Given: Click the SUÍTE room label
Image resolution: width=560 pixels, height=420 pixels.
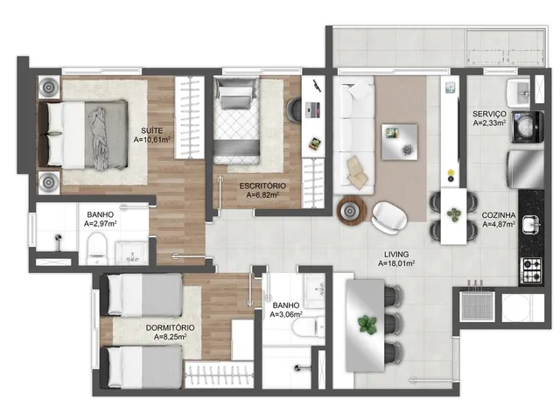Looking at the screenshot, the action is pos(151,130).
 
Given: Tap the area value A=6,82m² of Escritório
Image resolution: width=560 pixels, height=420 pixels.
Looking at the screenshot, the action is pos(262,195).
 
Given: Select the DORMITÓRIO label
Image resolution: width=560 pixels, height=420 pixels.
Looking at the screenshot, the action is pos(171,328).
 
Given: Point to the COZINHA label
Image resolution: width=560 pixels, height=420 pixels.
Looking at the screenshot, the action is pos(499,215).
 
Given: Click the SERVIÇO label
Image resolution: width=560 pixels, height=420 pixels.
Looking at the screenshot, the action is pos(489,114).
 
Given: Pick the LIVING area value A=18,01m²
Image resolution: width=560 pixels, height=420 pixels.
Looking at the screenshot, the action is pos(396,263).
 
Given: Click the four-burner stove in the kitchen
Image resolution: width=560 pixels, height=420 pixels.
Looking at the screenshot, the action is pos(532,270).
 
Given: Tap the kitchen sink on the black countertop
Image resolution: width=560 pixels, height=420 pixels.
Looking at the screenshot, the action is pos(532,225).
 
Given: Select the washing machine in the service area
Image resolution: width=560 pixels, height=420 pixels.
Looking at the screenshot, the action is pos(528,127).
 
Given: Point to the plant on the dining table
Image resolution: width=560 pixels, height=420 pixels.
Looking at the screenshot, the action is pos(367,325).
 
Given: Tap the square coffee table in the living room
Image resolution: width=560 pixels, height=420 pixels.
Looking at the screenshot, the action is pos(400,142).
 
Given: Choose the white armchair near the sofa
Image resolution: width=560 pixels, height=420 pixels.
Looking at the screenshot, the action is pos(388,218).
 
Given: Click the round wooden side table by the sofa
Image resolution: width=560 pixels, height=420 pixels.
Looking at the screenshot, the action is pos(352,212).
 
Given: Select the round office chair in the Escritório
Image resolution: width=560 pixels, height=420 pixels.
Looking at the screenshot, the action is pos(294,111).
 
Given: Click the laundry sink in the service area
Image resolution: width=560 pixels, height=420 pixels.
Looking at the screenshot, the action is pos(519,94).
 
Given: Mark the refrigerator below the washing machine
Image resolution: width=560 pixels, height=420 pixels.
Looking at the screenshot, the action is pos(526,169).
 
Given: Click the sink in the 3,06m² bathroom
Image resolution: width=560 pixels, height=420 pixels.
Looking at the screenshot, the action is pos(315,290).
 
